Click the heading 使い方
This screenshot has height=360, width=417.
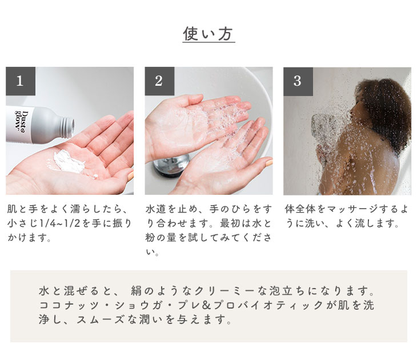209,34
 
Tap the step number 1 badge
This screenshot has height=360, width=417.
21,81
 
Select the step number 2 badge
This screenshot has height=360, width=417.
159,81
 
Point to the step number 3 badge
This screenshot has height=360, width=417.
298,81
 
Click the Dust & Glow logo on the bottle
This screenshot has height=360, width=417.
22,121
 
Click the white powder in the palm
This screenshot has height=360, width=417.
69,162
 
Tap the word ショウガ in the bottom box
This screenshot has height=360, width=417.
139,305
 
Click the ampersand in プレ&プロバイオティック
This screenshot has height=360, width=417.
207,305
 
